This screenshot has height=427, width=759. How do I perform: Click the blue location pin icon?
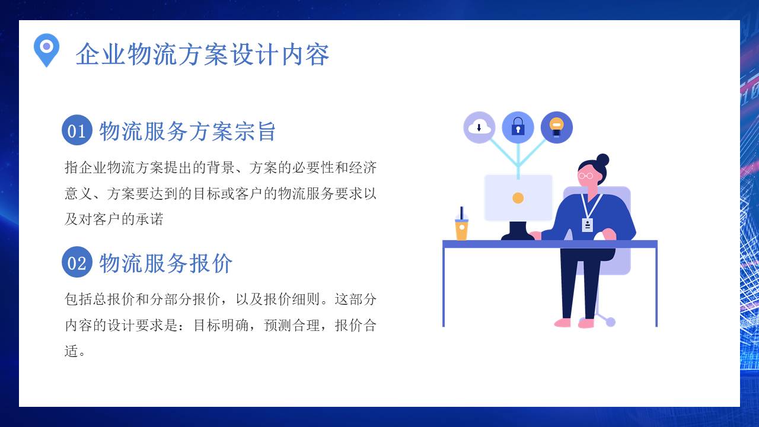46,49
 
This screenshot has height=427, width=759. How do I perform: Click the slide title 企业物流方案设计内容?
202,55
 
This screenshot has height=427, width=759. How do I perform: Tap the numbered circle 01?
76,130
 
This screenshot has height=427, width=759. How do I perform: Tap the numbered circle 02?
76,262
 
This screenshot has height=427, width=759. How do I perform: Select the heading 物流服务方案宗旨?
187,131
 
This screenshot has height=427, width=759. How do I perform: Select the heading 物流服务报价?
166,263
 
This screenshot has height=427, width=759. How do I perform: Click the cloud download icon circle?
479,127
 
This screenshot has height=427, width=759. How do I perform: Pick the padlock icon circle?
518,127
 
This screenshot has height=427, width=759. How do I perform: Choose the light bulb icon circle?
556,127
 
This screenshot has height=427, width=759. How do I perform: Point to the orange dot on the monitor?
518,198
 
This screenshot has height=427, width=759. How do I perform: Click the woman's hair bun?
602,160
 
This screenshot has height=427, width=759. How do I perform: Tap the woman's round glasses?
586,176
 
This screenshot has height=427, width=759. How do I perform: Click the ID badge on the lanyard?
587,225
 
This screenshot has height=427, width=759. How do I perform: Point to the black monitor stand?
518,231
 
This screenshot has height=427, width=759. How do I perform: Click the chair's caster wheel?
610,322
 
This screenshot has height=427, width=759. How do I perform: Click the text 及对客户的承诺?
114,219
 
